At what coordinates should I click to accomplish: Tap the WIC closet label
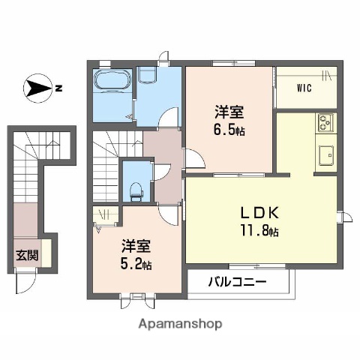click(304, 88)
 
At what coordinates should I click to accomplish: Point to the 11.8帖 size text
click(259, 232)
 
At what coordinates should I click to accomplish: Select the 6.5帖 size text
click(229, 130)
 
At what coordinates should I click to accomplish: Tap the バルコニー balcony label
click(237, 283)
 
